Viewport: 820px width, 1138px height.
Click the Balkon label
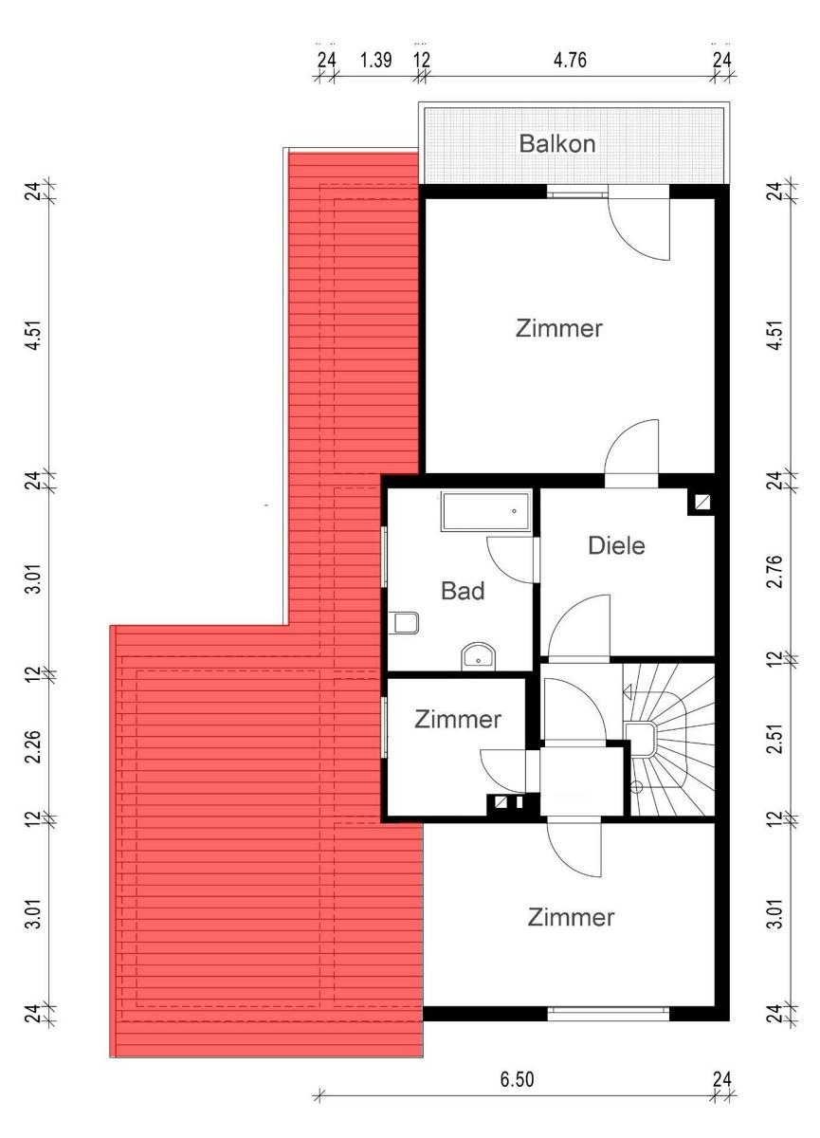click(x=557, y=144)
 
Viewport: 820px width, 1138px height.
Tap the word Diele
click(x=616, y=545)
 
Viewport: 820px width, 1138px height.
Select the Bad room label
click(x=463, y=591)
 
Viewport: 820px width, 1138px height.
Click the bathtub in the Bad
click(x=486, y=511)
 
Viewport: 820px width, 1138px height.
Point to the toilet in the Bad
click(x=405, y=622)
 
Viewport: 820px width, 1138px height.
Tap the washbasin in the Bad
click(x=478, y=657)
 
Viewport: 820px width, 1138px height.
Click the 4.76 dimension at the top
click(x=570, y=61)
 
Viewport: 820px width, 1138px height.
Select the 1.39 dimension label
click(x=375, y=61)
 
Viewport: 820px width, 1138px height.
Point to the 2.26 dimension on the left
click(x=34, y=746)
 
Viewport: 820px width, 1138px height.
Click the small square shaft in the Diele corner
click(x=703, y=503)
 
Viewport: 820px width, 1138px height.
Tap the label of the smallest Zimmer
click(x=458, y=720)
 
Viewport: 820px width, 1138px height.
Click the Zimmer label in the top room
click(x=559, y=328)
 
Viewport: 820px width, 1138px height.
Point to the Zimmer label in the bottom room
click(x=571, y=917)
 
